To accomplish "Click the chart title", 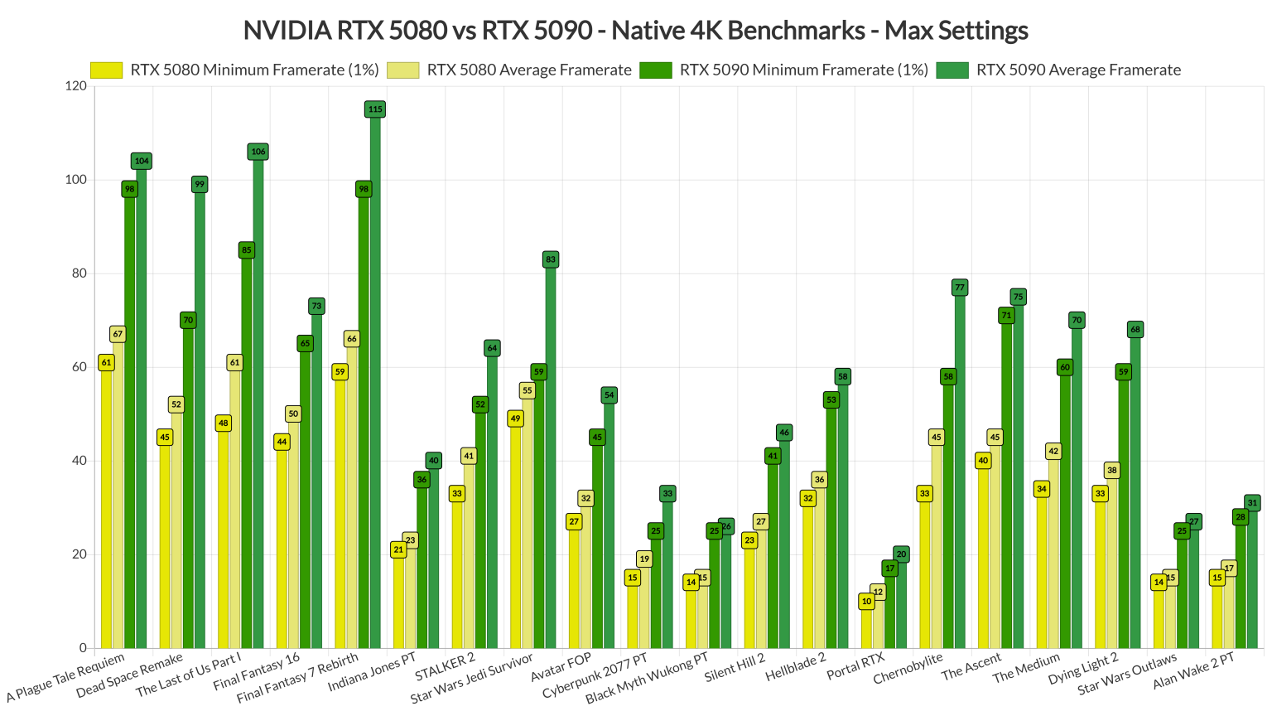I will pyautogui.click(x=635, y=31).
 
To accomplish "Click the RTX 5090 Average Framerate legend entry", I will pyautogui.click(x=1077, y=70).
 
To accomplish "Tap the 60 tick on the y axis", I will pyautogui.click(x=79, y=367).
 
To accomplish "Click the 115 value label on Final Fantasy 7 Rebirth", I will pyautogui.click(x=375, y=109).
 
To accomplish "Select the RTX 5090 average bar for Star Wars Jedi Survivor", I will pyautogui.click(x=551, y=456).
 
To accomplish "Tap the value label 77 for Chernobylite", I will pyautogui.click(x=960, y=288).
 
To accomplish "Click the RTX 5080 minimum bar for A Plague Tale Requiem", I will pyautogui.click(x=106, y=506).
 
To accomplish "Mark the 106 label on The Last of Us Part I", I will pyautogui.click(x=258, y=152).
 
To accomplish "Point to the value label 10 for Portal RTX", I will pyautogui.click(x=866, y=602).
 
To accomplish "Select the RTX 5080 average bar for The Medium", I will pyautogui.click(x=1053, y=551).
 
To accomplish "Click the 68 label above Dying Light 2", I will pyautogui.click(x=1135, y=330).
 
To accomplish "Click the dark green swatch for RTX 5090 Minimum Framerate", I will pyautogui.click(x=655, y=70).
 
